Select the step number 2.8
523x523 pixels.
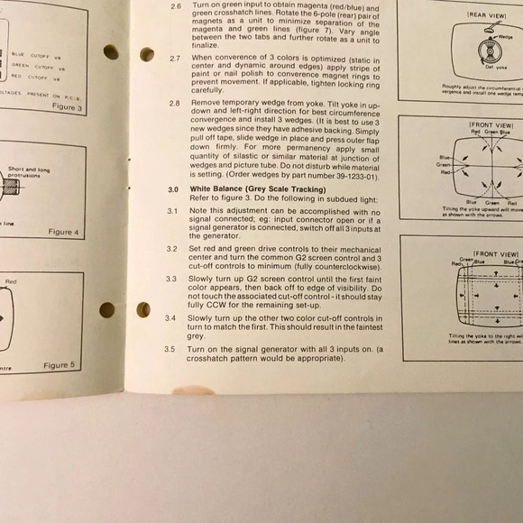[174, 104]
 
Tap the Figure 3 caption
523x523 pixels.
[65, 107]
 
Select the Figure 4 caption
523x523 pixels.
[64, 232]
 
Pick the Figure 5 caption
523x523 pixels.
[60, 365]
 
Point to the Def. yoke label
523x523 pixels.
[483, 68]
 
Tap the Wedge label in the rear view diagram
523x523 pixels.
[505, 37]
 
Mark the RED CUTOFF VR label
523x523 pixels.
[32, 77]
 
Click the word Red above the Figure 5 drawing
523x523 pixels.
[11, 282]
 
